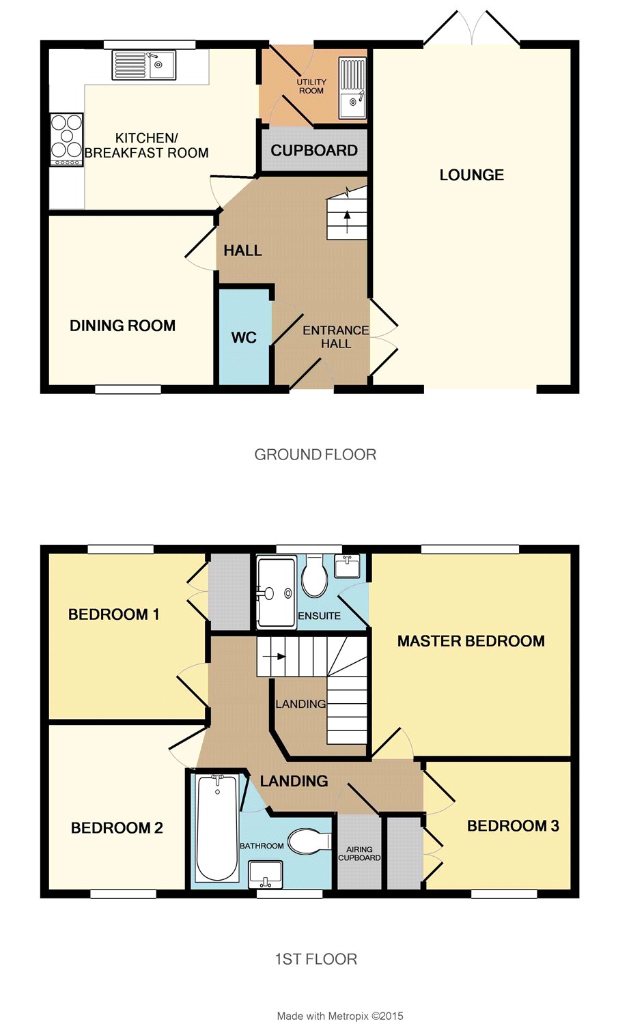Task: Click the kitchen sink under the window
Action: click(143, 64)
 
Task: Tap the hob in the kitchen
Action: click(67, 139)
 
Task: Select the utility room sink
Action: click(352, 88)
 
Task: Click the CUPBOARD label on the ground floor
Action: click(314, 150)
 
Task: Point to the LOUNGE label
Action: click(471, 175)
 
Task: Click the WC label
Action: click(244, 337)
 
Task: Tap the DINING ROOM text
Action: click(122, 326)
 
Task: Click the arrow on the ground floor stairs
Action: click(347, 221)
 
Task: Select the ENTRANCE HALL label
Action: click(335, 337)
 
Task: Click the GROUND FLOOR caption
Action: click(315, 455)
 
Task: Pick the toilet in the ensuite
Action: click(315, 575)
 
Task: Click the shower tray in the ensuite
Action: click(276, 592)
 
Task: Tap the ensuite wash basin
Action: click(348, 566)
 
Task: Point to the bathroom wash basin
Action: click(265, 874)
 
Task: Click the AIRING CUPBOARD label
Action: click(359, 853)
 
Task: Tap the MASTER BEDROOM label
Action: click(471, 641)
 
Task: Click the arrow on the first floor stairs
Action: click(275, 657)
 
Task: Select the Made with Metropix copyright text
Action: click(340, 1016)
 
